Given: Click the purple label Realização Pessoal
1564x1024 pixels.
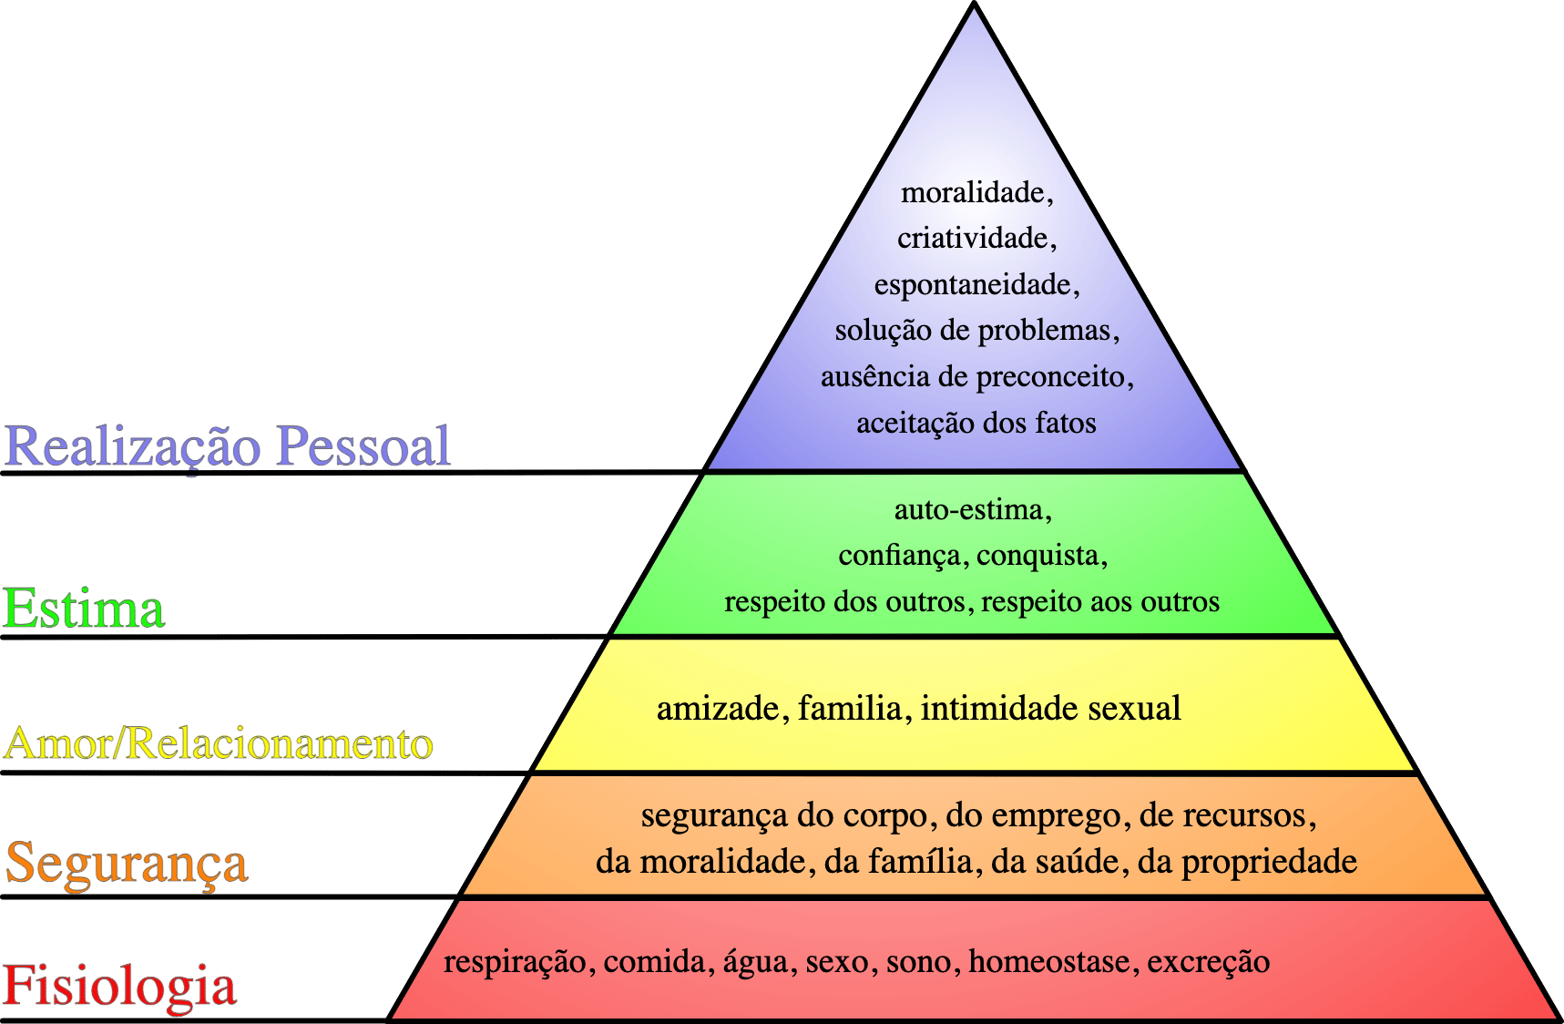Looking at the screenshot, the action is point(227,445).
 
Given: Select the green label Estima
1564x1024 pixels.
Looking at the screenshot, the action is point(84,609).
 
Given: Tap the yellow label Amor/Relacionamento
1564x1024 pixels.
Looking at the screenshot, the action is point(219,743).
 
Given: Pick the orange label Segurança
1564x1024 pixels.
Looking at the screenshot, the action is point(127,863).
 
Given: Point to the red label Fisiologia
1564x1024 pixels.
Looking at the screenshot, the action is point(119,987).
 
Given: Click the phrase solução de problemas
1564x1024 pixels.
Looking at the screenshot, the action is point(973,330).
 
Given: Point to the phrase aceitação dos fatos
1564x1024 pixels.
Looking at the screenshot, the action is point(976,423).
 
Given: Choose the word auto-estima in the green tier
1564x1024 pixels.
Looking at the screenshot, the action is point(968,509).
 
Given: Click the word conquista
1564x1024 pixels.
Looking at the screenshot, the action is point(1038,556).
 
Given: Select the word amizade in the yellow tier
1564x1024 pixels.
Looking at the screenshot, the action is point(717,708).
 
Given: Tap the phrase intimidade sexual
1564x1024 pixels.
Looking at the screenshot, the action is point(1051,708).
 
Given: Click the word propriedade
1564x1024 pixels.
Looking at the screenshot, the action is point(1270,862).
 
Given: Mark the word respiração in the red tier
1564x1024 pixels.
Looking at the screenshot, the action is point(515,962).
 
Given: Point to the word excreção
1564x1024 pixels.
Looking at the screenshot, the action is point(1209,962).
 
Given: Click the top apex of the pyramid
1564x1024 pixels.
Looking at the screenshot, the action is point(974,5).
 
